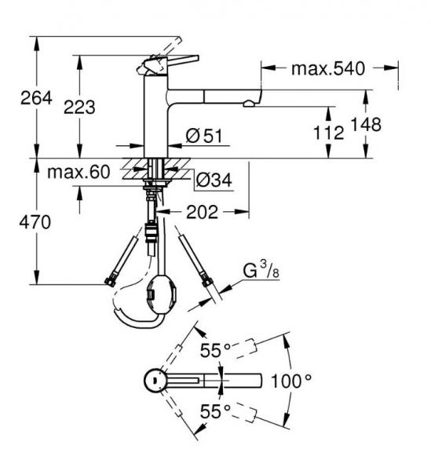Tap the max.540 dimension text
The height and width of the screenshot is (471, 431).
pyautogui.click(x=328, y=68)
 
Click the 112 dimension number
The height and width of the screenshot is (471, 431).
pyautogui.click(x=328, y=133)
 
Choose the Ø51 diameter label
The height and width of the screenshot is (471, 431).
pyautogui.click(x=204, y=136)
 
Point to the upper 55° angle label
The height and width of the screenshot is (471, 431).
pyautogui.click(x=215, y=350)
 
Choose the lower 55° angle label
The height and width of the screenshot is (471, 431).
pyautogui.click(x=215, y=411)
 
